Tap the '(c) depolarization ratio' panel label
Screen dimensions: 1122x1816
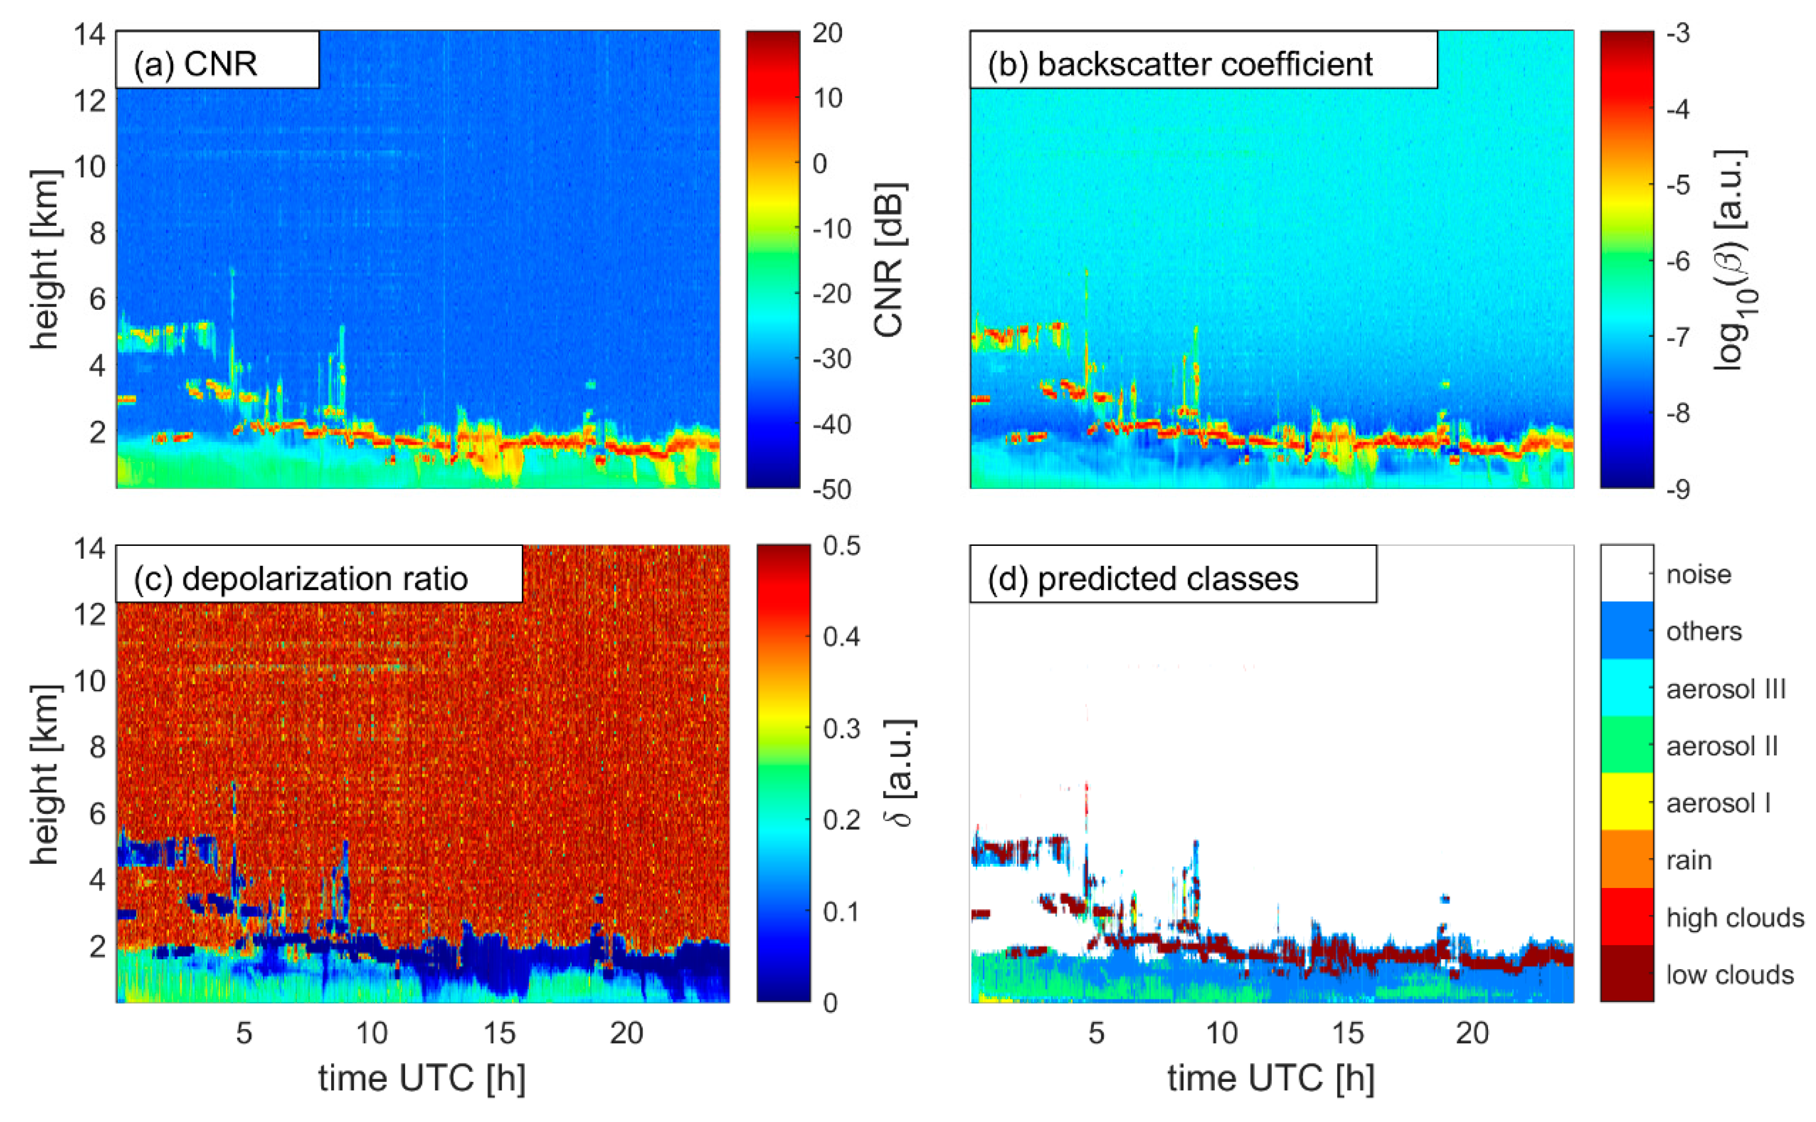pos(300,579)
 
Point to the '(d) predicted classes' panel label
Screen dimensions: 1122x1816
pos(1143,579)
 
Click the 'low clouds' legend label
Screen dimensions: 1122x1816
pos(1729,974)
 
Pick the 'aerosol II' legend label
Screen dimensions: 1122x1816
pos(1722,746)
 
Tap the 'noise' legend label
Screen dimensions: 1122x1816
pos(1699,575)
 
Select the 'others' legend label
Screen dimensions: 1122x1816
pos(1703,631)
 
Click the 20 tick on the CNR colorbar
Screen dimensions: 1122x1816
pos(827,33)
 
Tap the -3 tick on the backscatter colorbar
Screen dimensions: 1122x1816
pos(1677,33)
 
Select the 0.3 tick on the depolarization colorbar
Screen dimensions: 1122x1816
pos(842,729)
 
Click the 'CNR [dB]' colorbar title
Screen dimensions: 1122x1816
pos(888,260)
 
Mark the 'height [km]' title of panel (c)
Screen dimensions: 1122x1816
pos(44,774)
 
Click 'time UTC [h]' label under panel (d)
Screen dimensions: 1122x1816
pos(1271,1078)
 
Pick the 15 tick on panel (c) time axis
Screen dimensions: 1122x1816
pos(499,1033)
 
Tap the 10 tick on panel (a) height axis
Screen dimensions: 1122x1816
pos(89,166)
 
